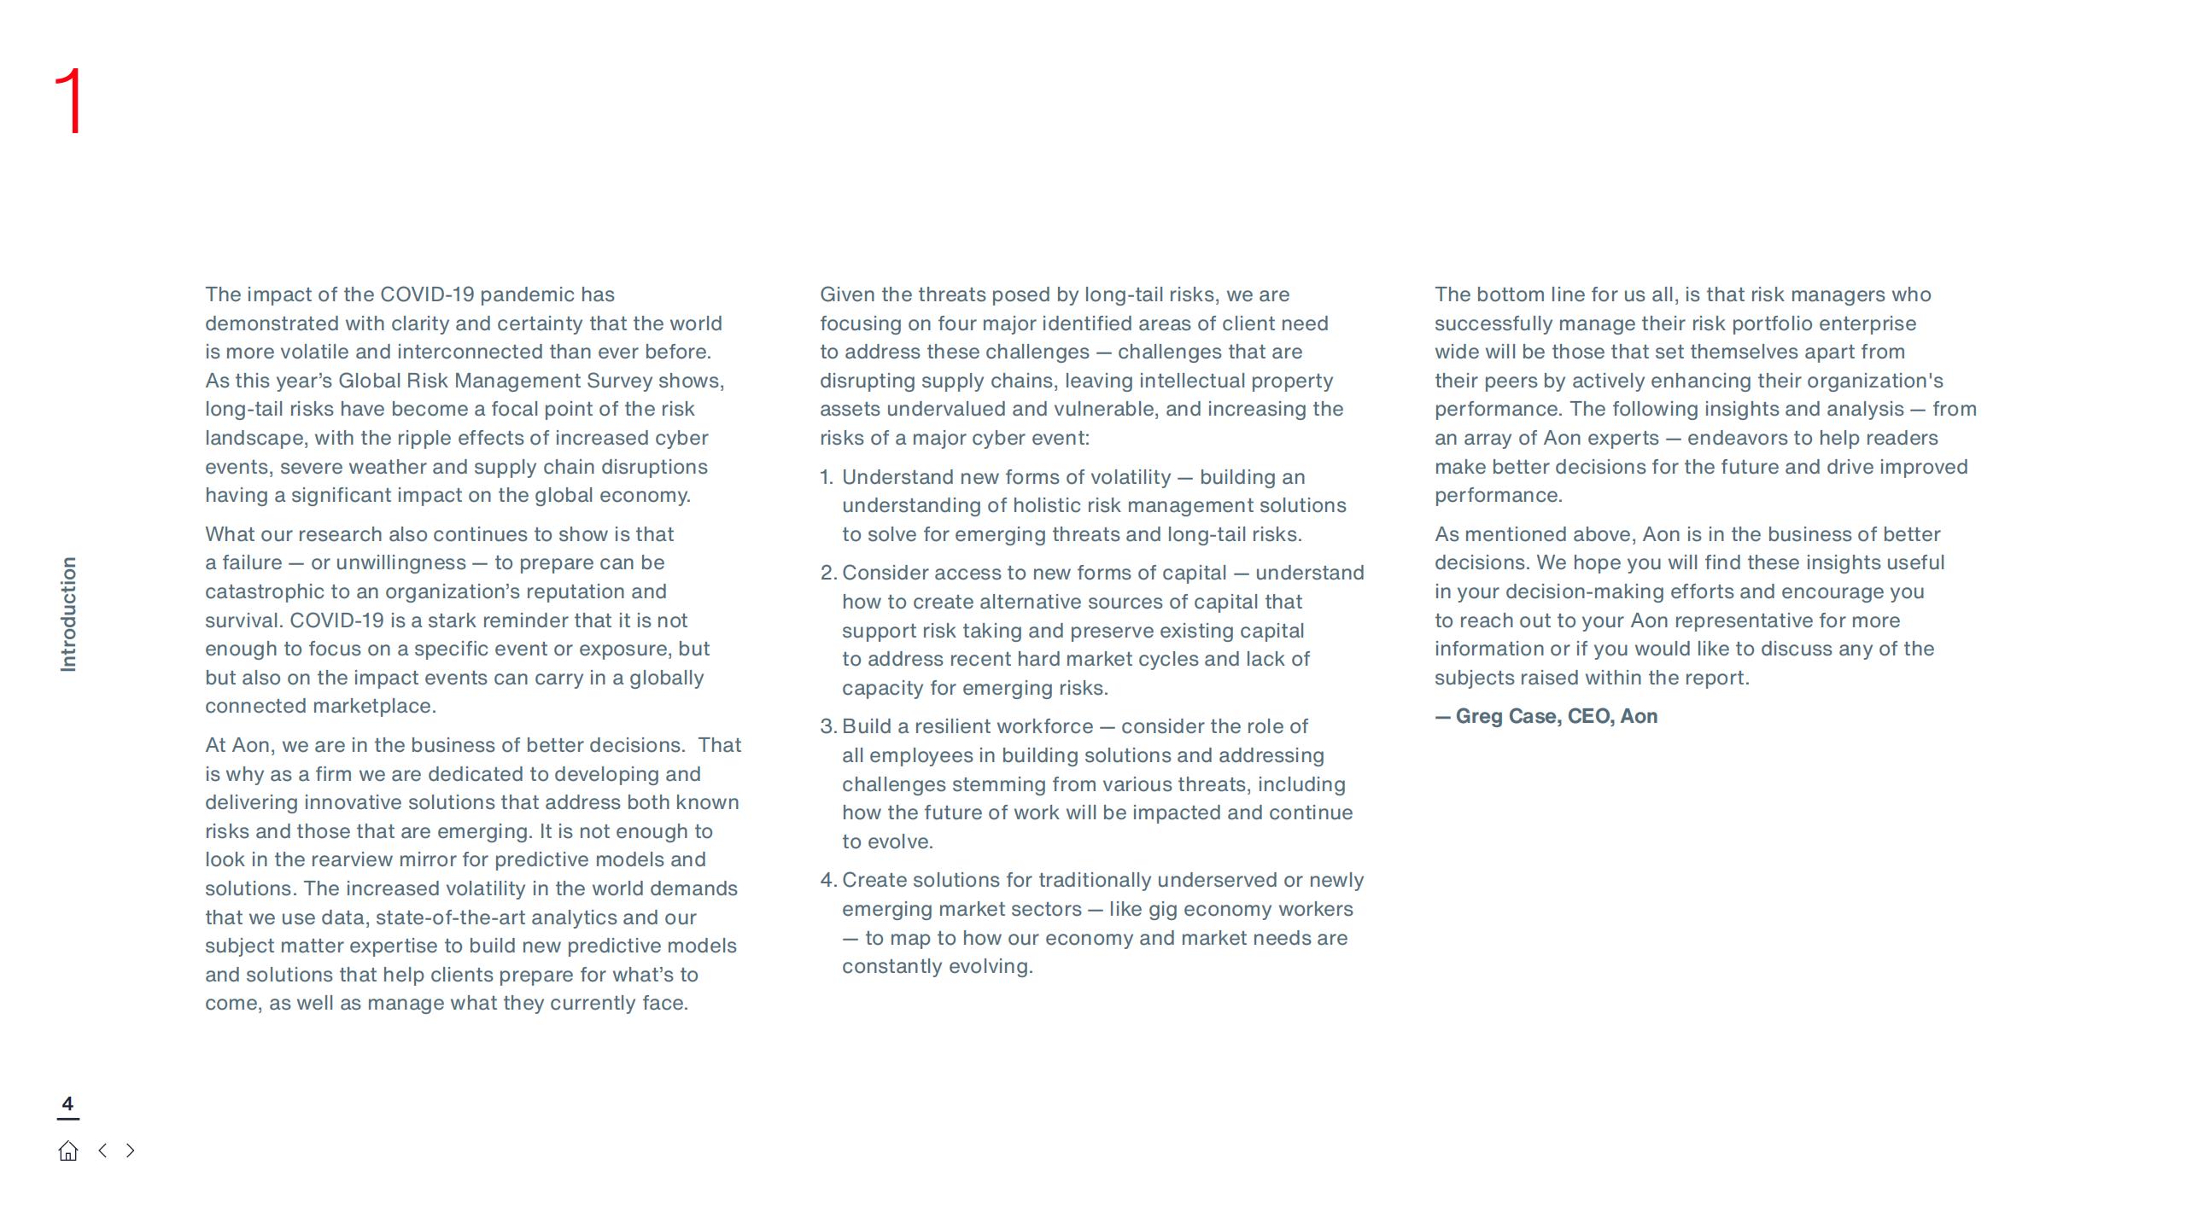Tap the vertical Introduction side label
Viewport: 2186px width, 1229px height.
(68, 614)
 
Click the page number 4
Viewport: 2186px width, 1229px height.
(67, 1104)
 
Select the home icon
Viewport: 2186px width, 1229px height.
(68, 1151)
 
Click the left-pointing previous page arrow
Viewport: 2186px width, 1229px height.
(102, 1150)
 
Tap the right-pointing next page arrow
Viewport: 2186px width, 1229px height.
(130, 1150)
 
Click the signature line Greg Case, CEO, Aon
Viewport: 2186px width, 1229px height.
(1546, 716)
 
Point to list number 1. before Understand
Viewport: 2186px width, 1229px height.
(827, 477)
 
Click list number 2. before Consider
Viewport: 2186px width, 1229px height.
(827, 573)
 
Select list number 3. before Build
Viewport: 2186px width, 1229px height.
(827, 726)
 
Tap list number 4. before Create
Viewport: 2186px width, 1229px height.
(827, 880)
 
